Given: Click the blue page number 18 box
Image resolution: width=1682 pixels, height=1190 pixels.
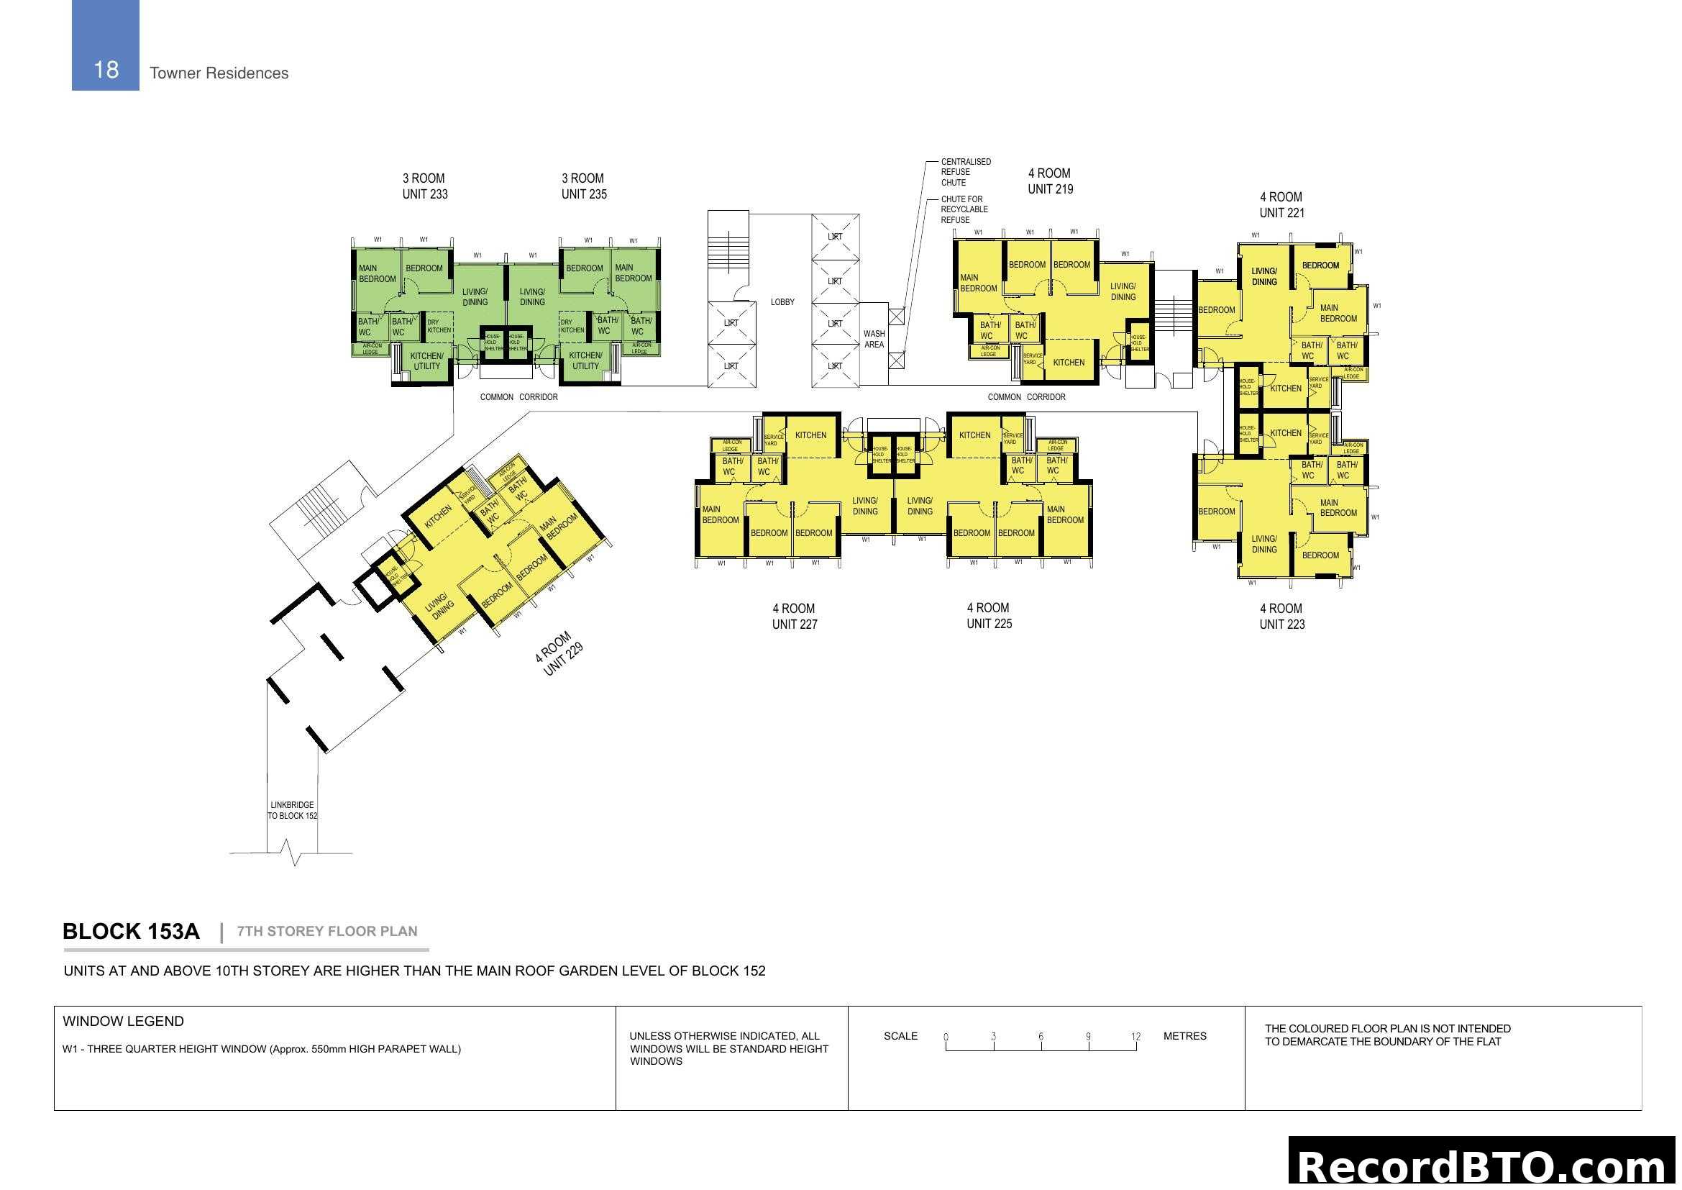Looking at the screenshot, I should pyautogui.click(x=106, y=45).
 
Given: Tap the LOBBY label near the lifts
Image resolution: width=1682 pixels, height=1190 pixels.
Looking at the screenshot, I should pyautogui.click(x=782, y=302).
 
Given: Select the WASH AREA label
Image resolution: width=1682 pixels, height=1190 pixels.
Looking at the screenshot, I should pyautogui.click(x=873, y=340).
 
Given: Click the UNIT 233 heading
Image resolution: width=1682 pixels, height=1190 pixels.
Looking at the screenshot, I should pyautogui.click(x=424, y=194).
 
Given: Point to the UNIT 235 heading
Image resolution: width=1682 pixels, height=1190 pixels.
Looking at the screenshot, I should pyautogui.click(x=584, y=194).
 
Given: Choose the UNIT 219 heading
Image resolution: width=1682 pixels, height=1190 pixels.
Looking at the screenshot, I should pyautogui.click(x=1050, y=189).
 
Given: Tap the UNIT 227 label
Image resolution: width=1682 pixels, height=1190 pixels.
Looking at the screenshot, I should pyautogui.click(x=794, y=624).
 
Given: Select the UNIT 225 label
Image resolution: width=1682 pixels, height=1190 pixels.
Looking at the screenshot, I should pyautogui.click(x=988, y=624).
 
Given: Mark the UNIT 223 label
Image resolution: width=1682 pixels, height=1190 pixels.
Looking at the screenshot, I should pyautogui.click(x=1281, y=624).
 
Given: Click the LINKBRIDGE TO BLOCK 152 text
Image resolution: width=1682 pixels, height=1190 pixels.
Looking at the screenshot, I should pyautogui.click(x=292, y=810).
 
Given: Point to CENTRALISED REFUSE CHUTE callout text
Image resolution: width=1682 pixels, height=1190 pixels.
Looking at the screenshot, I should pyautogui.click(x=966, y=172).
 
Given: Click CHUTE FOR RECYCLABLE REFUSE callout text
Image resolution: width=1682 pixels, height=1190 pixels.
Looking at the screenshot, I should pyautogui.click(x=964, y=209).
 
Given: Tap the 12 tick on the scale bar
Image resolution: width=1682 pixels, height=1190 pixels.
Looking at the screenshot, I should pyautogui.click(x=1135, y=1037).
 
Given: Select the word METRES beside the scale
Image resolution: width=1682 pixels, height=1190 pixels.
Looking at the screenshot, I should pyautogui.click(x=1184, y=1036).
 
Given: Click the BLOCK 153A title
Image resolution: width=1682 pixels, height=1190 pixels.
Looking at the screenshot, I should pyautogui.click(x=131, y=931).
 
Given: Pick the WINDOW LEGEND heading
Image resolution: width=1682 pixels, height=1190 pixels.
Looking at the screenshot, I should pyautogui.click(x=123, y=1022).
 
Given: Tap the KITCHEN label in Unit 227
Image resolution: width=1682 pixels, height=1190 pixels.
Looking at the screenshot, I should pyautogui.click(x=810, y=435).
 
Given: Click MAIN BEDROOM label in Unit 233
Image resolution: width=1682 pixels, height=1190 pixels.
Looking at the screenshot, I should pyautogui.click(x=377, y=273).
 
